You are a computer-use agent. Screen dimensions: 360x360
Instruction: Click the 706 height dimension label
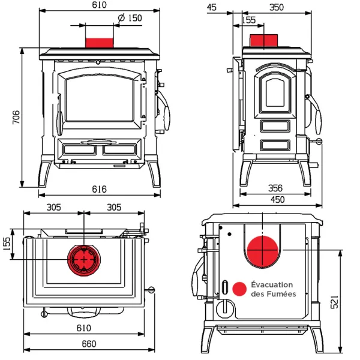click(16, 118)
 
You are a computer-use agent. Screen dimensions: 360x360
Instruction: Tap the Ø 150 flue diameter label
click(130, 18)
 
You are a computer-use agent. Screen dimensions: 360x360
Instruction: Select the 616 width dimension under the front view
click(99, 189)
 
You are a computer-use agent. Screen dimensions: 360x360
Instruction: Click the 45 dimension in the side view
click(211, 8)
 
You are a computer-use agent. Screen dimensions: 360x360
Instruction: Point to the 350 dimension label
click(277, 8)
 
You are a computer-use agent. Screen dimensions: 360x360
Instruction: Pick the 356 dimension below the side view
click(275, 188)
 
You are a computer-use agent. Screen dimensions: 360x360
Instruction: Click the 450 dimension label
click(278, 200)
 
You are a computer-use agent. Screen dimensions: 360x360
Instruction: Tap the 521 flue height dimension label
click(334, 302)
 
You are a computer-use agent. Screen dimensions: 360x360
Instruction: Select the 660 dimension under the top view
click(89, 344)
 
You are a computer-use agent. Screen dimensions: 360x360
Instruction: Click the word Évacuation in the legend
click(272, 284)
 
